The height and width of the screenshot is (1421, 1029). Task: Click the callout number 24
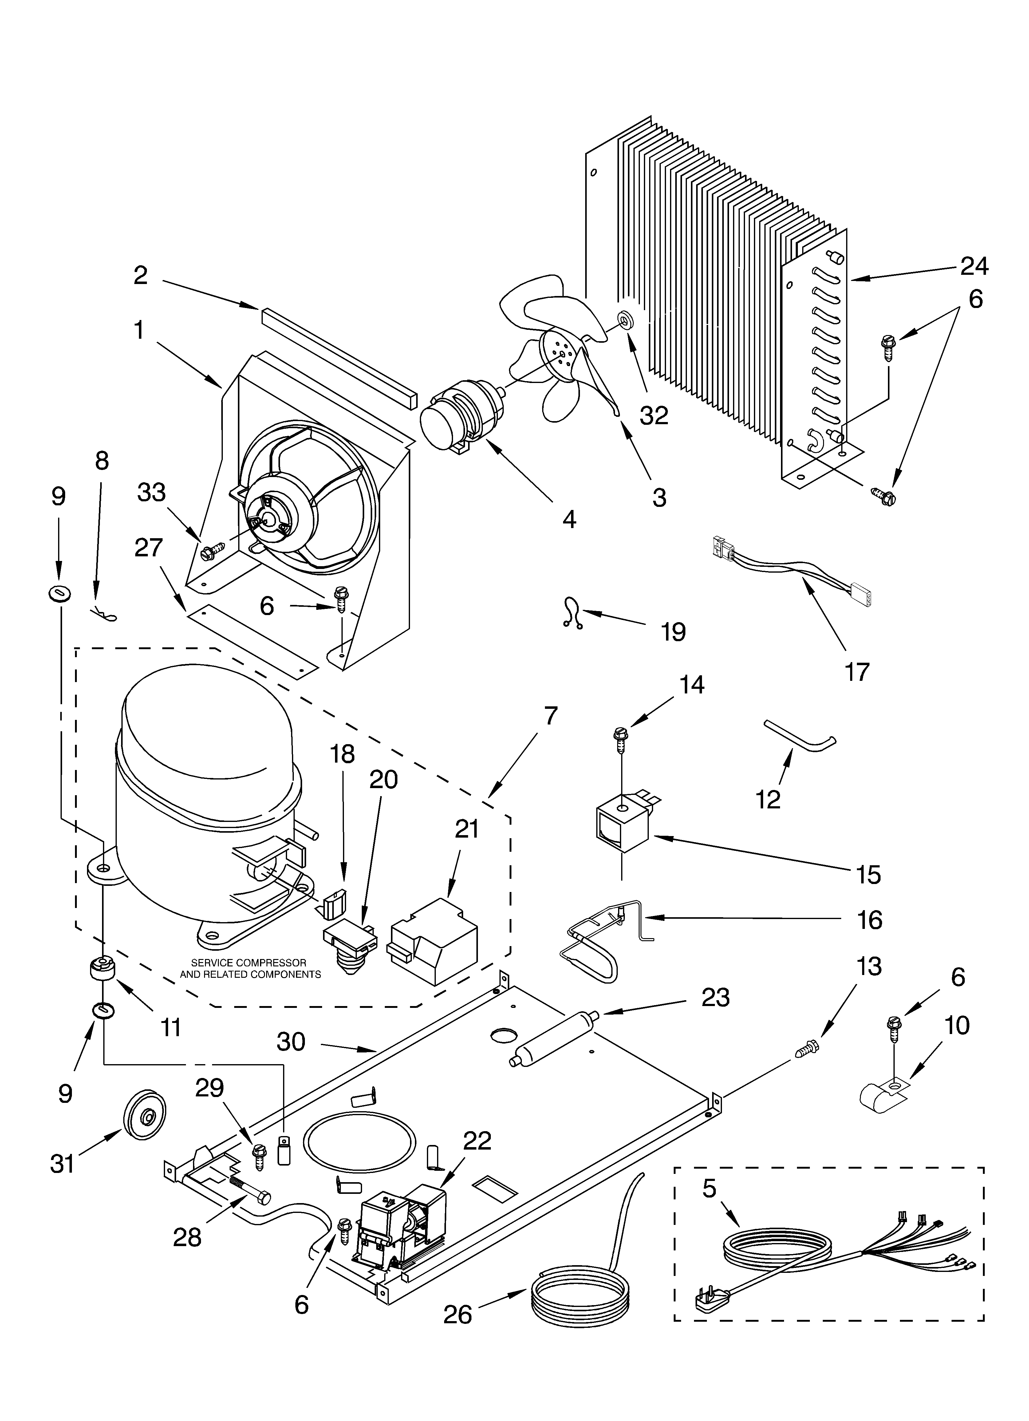975,266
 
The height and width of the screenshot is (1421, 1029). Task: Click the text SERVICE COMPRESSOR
249,962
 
